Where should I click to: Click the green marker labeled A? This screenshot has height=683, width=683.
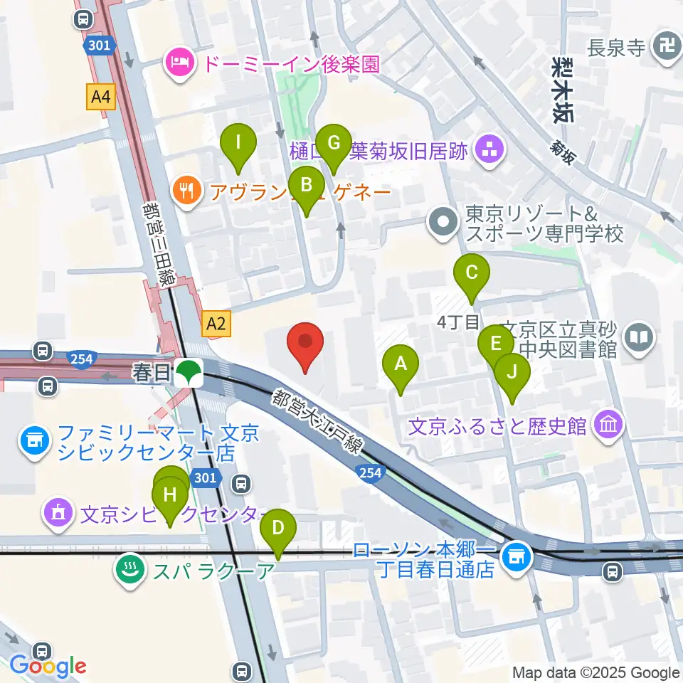click(x=401, y=365)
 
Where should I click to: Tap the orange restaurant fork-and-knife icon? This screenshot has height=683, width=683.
click(x=186, y=190)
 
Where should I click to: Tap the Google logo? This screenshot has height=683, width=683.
click(x=48, y=665)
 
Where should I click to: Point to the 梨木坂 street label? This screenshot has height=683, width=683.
click(x=562, y=88)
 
